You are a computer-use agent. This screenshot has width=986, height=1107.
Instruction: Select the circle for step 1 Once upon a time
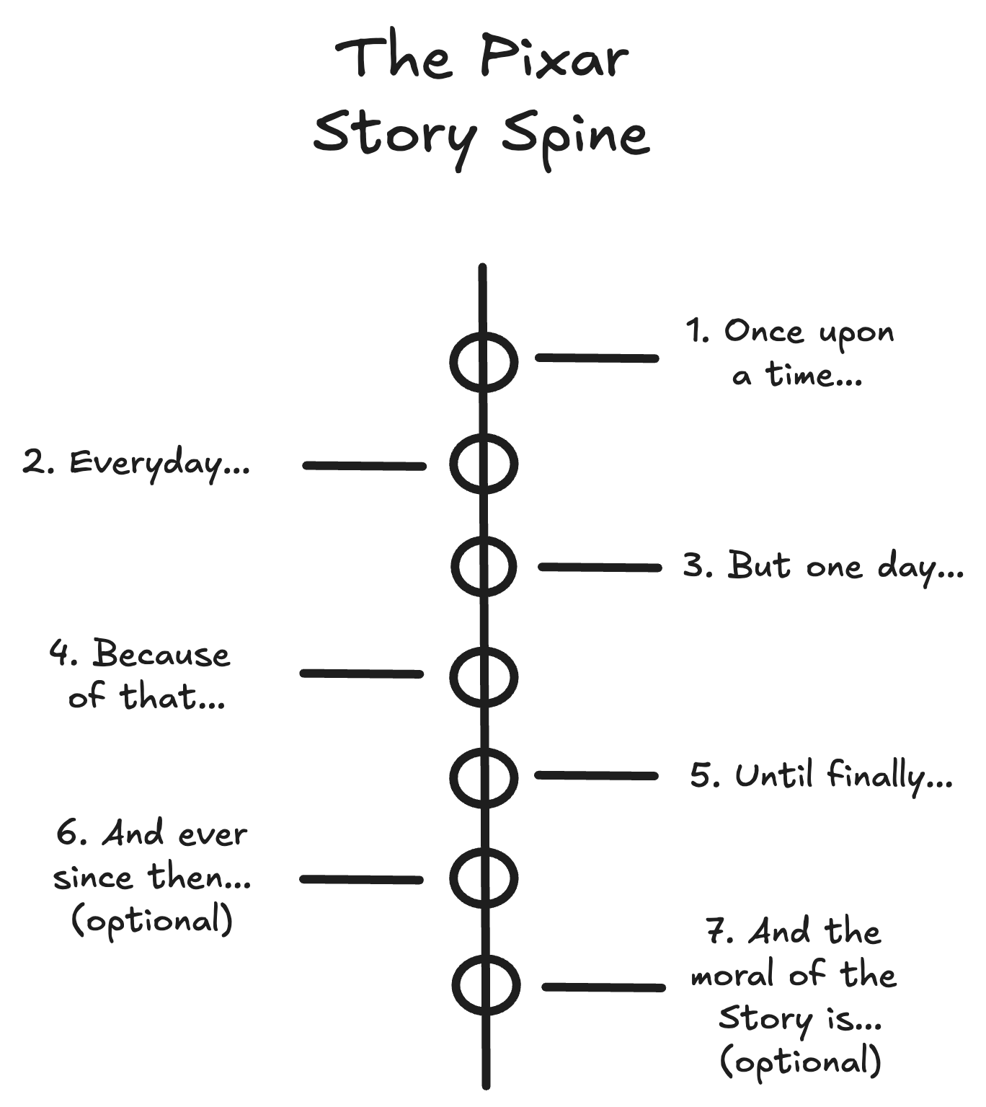[x=484, y=362]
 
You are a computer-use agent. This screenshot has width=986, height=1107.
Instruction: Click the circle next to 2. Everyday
[x=484, y=464]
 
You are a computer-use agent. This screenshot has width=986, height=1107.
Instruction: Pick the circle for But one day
[x=484, y=567]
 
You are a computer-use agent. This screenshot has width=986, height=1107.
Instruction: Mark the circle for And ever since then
[x=484, y=877]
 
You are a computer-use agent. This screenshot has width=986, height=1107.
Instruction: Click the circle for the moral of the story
[x=487, y=985]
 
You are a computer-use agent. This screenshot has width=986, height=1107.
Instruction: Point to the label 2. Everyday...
[x=136, y=463]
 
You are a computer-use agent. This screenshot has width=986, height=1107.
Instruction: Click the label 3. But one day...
[x=823, y=566]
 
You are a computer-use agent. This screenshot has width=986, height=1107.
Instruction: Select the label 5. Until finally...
[x=822, y=777]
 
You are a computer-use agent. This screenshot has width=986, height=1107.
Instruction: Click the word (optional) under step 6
[x=152, y=921]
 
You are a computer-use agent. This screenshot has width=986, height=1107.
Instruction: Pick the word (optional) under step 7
[x=801, y=1062]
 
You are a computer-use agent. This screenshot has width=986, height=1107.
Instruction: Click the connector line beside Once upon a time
[x=597, y=358]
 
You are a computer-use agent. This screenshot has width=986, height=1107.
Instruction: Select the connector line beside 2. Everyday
[x=364, y=466]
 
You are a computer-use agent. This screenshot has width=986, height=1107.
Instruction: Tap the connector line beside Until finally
[x=596, y=775]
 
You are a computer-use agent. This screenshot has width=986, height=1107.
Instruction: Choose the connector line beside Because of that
[x=361, y=674]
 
